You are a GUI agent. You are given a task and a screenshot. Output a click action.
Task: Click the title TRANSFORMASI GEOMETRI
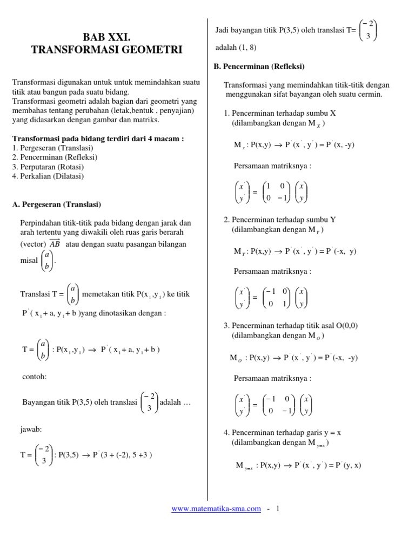coord(106,50)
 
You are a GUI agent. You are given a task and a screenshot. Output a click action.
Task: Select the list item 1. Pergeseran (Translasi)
coord(52,148)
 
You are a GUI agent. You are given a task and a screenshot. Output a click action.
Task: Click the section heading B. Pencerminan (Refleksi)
coord(260,67)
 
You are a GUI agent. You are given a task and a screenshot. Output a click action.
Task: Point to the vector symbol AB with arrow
coord(55,243)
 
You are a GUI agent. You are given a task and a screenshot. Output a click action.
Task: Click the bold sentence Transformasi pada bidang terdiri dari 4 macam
coord(98,138)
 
